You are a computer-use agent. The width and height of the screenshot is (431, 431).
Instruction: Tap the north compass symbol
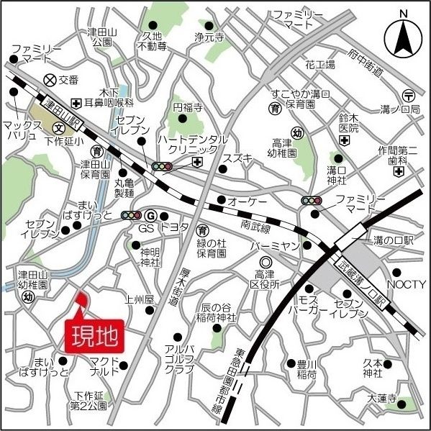point(404,36)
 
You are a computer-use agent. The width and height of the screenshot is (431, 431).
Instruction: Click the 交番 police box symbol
point(50,80)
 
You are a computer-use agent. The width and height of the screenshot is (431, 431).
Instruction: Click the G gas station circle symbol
point(150,215)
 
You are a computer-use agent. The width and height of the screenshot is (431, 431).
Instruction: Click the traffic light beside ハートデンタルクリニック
point(162,166)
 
